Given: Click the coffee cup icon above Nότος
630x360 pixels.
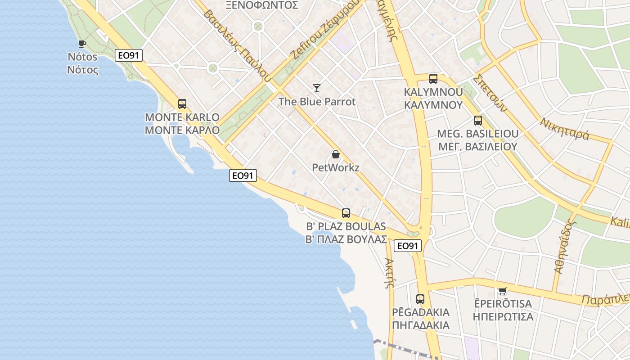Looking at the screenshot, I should [82, 44].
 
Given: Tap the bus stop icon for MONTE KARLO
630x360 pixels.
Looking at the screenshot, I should [182, 104].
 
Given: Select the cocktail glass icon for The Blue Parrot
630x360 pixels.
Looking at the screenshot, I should [317, 88].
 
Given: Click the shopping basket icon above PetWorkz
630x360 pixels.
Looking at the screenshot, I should [335, 154].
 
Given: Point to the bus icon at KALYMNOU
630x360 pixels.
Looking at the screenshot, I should [433, 79].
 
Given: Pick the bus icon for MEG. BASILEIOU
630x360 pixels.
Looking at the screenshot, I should [477, 121].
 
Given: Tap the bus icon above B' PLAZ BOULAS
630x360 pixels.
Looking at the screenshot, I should [346, 213].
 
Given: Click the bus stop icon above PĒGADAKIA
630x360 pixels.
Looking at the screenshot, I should [420, 299].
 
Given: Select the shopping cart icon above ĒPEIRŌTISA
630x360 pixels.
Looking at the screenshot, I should [502, 291].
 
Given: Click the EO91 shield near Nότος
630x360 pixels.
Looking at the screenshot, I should [128, 55].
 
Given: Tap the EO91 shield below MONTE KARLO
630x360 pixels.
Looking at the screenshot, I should [243, 175].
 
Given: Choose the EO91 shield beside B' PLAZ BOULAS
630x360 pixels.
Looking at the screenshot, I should [407, 246].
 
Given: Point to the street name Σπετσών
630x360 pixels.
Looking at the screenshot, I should [490, 92].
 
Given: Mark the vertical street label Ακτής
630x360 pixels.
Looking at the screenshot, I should [390, 273].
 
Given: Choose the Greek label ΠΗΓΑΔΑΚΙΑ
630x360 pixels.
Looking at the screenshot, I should [420, 325].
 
